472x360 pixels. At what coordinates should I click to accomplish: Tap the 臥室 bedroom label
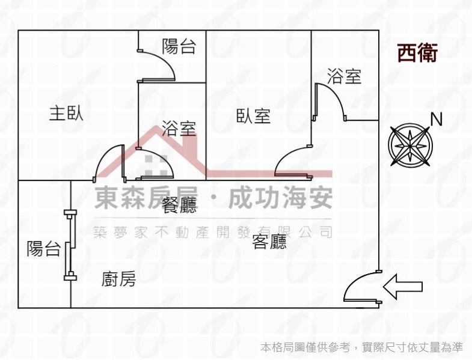[x=253, y=116]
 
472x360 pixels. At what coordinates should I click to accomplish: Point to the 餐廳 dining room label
[x=179, y=206]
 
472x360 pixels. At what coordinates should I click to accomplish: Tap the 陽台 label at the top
[x=179, y=47]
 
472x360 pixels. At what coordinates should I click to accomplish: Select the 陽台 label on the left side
[x=43, y=248]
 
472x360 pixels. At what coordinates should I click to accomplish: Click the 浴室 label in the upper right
[x=344, y=76]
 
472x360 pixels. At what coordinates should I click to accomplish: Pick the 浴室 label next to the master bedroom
[x=179, y=127]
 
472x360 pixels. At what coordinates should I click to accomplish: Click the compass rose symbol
[x=411, y=145]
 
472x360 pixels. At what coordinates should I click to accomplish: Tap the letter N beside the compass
[x=437, y=120]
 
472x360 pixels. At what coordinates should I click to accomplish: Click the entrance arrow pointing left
[x=403, y=286]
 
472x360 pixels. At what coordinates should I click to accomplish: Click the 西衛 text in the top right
[x=417, y=53]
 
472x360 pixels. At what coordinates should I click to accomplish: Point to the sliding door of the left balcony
[x=70, y=245]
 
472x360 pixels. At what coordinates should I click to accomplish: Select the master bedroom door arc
[x=108, y=159]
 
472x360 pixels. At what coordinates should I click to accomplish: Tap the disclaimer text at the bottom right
[x=361, y=347]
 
